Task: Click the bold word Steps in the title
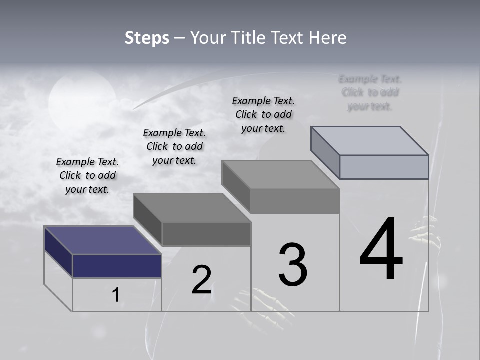click(x=147, y=38)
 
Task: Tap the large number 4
click(x=381, y=249)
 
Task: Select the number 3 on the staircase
click(x=293, y=265)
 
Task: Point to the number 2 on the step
click(x=201, y=280)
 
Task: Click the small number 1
click(x=115, y=295)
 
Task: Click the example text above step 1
click(x=87, y=175)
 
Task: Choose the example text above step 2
click(x=174, y=146)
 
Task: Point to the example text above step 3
click(x=263, y=114)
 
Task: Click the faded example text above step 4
click(x=370, y=92)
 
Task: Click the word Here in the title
click(x=328, y=38)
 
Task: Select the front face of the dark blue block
click(x=117, y=266)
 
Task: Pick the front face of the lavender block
click(x=384, y=167)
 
